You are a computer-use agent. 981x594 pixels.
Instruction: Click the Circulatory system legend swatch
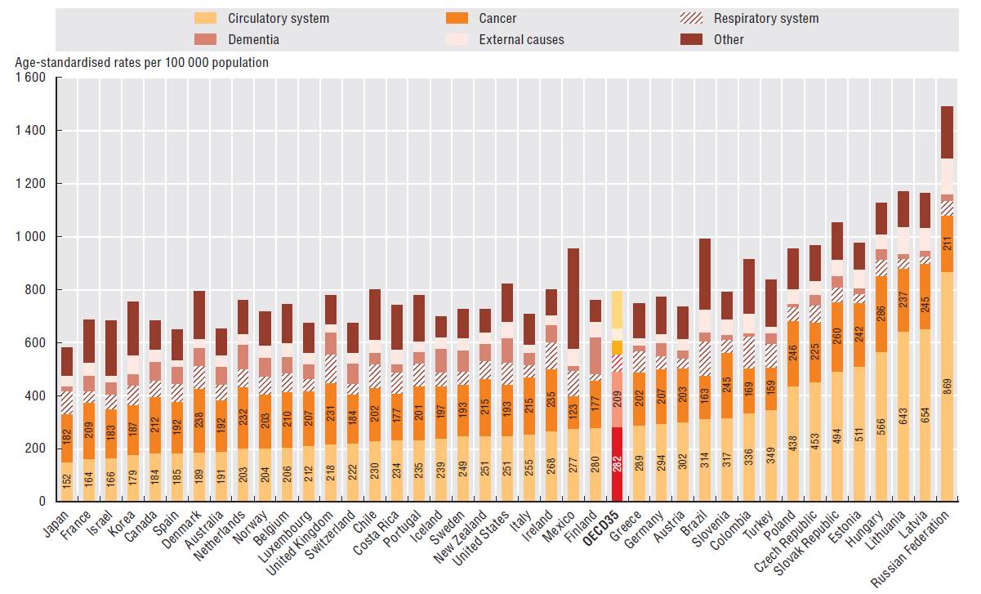point(205,18)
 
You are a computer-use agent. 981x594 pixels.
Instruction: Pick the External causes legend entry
point(521,39)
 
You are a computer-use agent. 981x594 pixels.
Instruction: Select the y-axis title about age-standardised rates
point(141,62)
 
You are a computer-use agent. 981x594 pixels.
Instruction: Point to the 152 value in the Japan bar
point(68,481)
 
